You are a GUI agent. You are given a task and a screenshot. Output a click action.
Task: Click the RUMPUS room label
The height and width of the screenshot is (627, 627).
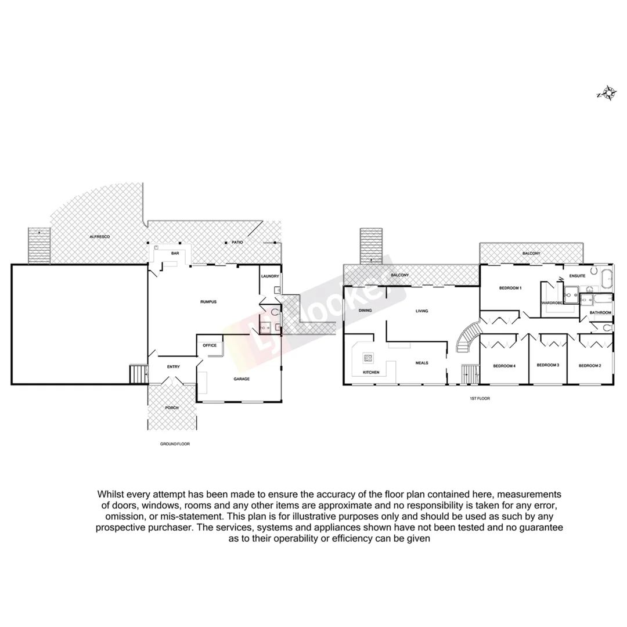pos(208,302)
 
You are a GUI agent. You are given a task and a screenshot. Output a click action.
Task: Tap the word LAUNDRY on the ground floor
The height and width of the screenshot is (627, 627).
pos(271,276)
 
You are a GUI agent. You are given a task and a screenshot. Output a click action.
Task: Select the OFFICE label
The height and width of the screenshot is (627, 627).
pos(209,345)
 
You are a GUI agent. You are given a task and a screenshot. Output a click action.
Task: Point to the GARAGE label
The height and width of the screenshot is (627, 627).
pos(242,379)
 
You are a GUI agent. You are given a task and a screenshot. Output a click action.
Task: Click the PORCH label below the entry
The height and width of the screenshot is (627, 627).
pos(172,408)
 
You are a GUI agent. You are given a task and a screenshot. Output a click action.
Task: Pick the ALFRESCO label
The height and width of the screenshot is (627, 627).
pos(100,237)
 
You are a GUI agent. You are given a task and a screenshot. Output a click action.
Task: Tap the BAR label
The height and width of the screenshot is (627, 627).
pos(175,254)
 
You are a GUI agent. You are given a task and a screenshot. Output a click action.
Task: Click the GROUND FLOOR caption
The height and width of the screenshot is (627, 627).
pos(175,444)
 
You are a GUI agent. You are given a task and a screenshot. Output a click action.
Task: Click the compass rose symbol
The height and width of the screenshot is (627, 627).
pos(607,93)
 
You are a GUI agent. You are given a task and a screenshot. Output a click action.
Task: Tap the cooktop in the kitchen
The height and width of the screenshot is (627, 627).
pos(368,358)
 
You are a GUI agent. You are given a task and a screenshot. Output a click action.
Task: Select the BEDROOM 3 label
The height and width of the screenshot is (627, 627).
pos(547,365)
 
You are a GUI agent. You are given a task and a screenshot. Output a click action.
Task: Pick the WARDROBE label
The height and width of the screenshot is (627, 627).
pos(552,302)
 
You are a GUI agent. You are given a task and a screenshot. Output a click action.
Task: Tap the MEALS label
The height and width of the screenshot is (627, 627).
pos(421,363)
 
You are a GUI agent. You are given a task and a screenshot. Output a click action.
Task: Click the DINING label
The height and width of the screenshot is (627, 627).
pos(365,311)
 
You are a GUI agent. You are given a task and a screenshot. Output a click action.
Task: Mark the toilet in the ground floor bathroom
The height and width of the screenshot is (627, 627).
pos(275,312)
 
